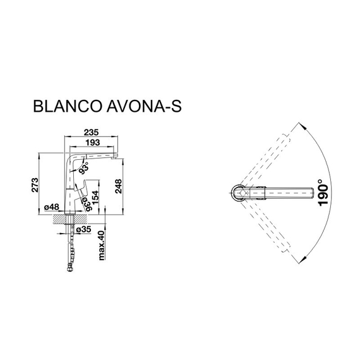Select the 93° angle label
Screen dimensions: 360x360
(83, 166)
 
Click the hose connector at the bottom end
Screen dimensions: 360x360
(69, 268)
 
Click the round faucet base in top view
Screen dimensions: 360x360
(239, 193)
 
